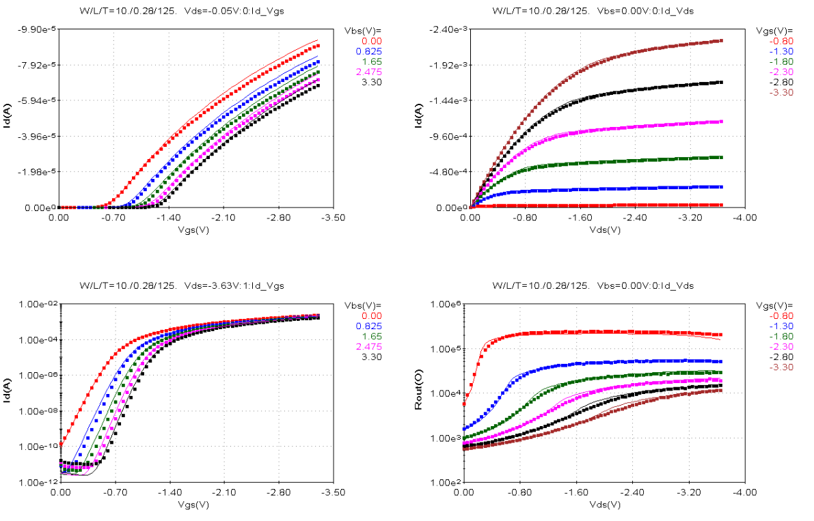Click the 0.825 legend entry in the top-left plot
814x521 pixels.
point(368,51)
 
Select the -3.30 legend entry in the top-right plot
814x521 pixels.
point(780,92)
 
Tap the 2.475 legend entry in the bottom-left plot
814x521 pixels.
point(368,346)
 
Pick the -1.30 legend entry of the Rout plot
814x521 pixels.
point(780,326)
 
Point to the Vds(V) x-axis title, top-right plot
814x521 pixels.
point(605,230)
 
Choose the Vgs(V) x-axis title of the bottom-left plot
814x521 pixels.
point(195,505)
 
